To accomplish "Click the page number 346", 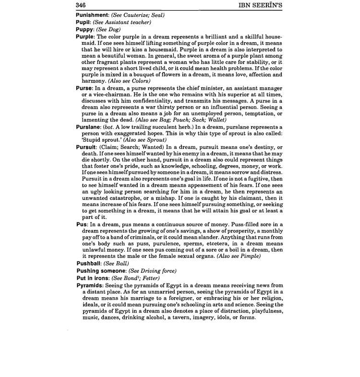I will (81, 5).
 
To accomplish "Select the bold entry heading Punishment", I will (95, 15).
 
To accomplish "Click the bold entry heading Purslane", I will (89, 127).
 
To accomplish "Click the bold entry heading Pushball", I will (91, 263).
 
